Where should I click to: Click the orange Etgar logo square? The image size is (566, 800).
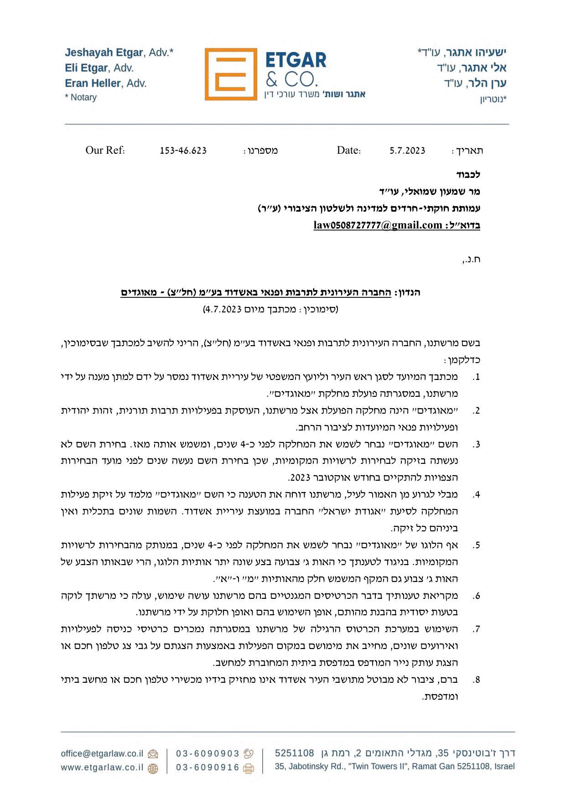230,74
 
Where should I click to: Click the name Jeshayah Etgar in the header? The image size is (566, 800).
104,52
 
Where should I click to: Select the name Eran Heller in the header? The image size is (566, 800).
93,83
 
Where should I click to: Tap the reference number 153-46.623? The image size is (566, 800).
183,151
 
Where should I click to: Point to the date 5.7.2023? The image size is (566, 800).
407,151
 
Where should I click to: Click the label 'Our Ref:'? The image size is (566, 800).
105,151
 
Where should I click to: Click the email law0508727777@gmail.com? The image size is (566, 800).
378,225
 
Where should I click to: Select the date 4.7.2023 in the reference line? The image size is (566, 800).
223,309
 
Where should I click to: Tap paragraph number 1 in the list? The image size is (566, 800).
476,377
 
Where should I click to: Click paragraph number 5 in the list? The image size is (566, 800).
476,545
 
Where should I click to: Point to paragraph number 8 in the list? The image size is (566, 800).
476,680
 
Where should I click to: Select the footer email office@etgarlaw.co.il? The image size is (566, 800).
102,753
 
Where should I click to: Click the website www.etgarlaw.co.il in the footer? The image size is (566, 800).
102,768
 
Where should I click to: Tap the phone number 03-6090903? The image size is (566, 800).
208,753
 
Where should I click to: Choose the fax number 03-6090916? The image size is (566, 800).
208,768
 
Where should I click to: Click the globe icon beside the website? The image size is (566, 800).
153,769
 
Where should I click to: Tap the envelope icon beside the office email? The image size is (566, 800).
153,754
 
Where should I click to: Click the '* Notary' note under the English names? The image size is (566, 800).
81,98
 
